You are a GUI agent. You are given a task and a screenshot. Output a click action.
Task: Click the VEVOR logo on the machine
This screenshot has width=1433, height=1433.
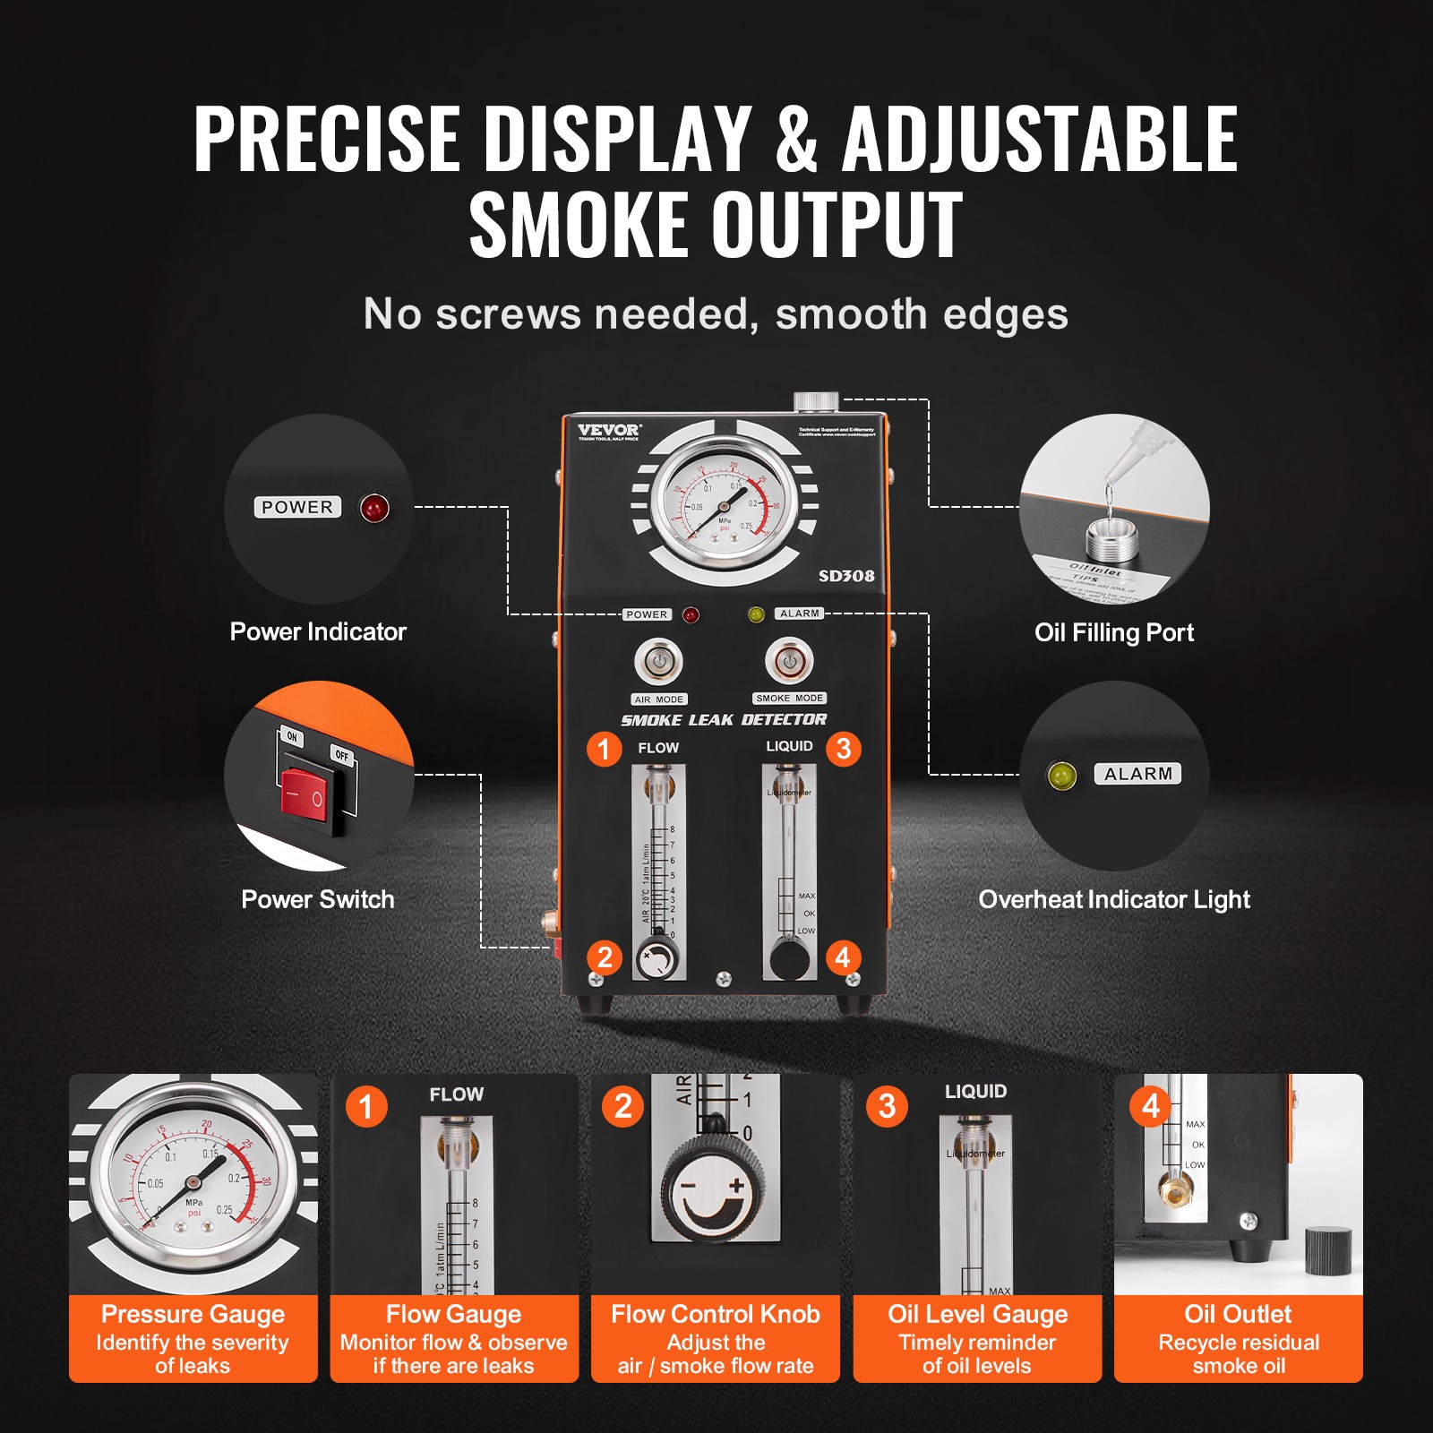point(608,431)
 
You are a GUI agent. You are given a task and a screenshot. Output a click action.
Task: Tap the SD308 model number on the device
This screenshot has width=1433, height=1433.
point(846,576)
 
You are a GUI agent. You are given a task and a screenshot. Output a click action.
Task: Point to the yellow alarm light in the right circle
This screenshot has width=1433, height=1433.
point(1062,775)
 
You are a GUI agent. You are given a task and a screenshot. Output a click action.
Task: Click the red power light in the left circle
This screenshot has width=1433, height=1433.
point(374,508)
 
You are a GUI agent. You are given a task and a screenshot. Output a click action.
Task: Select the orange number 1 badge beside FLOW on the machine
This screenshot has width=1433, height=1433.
point(605,749)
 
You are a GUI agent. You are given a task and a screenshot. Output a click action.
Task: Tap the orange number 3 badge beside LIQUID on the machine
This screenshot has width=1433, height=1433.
point(843,749)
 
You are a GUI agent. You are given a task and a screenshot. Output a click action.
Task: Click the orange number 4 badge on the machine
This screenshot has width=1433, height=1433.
point(842,957)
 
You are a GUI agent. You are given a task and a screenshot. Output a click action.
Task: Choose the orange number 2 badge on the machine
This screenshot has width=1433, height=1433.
point(605,957)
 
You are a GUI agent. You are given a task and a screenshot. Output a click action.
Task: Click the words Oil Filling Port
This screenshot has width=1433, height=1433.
point(1114,632)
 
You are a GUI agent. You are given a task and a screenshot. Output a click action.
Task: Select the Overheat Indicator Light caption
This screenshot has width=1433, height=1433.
point(1114,899)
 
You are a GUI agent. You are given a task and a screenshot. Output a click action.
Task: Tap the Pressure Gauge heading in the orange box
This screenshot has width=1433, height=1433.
point(193,1314)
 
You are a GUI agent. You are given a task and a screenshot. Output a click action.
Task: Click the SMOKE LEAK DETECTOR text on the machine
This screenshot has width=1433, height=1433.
point(724,720)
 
